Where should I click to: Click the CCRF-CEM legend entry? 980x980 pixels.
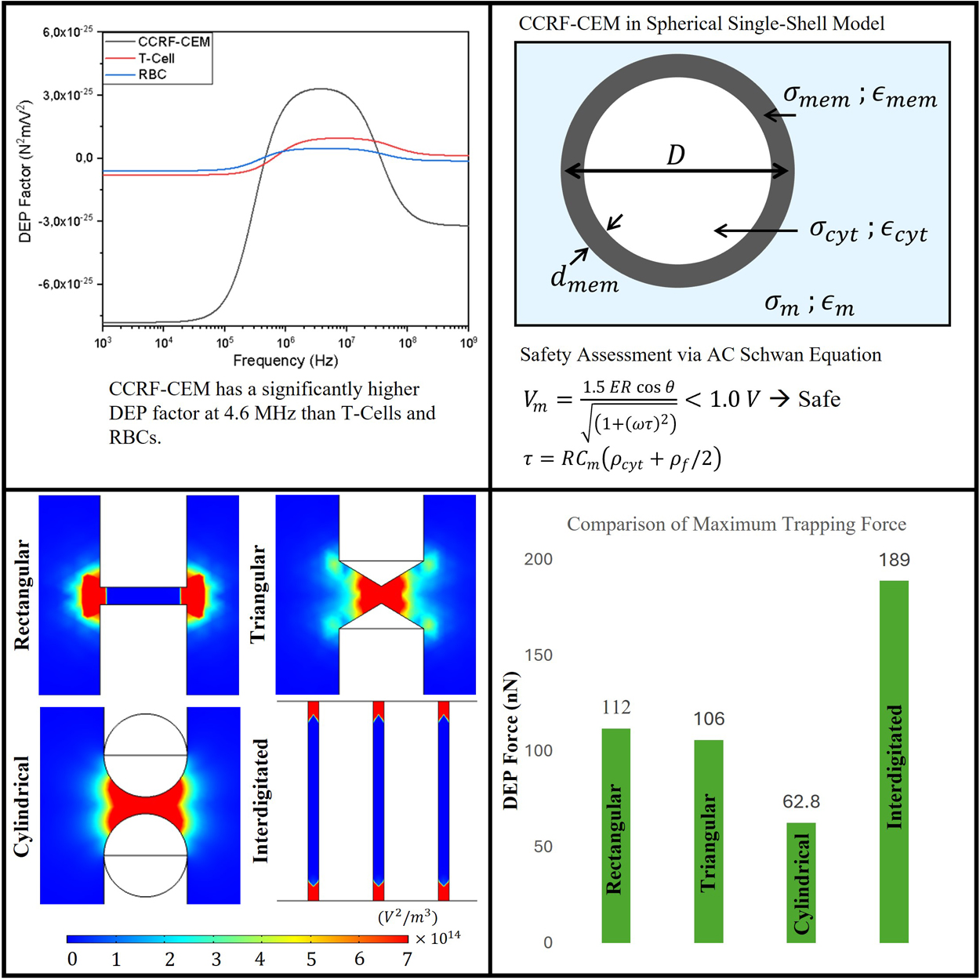tap(173, 42)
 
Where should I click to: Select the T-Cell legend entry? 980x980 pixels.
tap(156, 58)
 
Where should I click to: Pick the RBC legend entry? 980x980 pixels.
tap(152, 74)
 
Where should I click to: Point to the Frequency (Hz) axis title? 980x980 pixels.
tap(285, 361)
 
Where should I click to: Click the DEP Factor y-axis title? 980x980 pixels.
tap(25, 171)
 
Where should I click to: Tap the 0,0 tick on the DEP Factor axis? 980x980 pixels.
tap(84, 158)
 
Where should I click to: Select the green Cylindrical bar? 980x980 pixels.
tap(800, 882)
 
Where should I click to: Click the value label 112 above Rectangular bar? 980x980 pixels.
tap(616, 708)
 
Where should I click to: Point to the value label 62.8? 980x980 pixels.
tap(801, 802)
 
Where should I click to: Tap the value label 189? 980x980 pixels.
tap(894, 560)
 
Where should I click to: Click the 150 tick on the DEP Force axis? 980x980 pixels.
tap(539, 655)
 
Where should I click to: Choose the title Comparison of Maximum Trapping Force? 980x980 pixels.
tap(736, 524)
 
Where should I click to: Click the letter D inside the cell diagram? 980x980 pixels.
tap(676, 155)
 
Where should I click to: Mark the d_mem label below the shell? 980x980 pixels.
tap(584, 278)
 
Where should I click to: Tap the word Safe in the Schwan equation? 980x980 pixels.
tap(819, 400)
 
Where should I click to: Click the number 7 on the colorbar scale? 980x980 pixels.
tap(407, 959)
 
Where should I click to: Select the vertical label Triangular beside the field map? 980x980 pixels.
tap(258, 594)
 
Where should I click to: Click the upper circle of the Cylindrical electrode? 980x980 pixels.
tap(146, 735)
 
